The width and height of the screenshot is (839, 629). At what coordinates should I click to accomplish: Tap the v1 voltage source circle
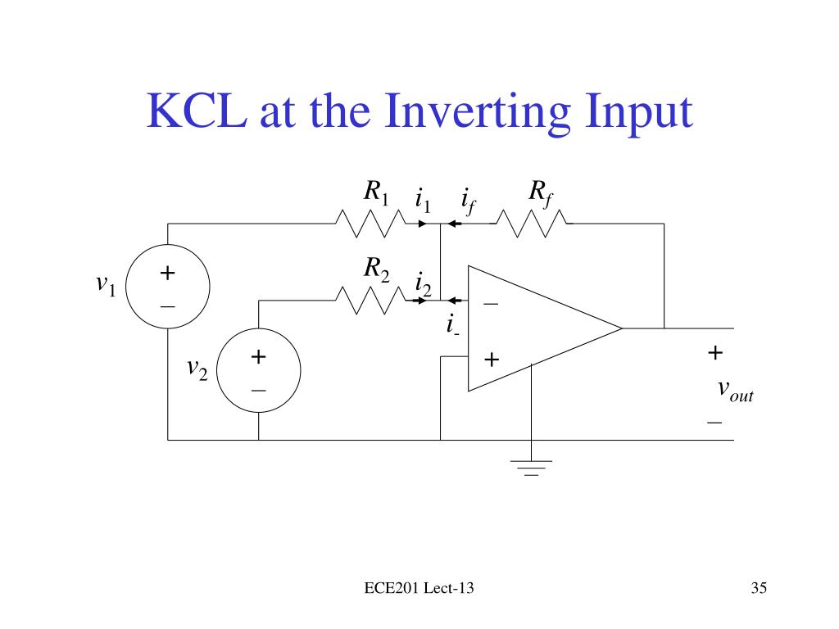pos(168,287)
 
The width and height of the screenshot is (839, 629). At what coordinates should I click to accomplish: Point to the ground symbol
pos(531,467)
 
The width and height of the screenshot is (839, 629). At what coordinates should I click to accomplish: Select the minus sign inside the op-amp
pos(491,304)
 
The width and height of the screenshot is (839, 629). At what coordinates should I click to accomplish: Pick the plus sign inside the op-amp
pos(491,360)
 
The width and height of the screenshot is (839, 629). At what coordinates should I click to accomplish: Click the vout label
pos(734,391)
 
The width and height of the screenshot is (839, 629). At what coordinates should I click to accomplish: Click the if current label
pos(468,200)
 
